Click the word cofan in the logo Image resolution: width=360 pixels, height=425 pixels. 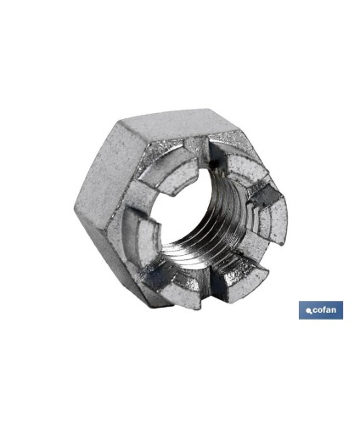click(324, 310)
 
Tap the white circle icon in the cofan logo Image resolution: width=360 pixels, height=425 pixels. click(308, 311)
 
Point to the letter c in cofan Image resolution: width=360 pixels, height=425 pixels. click(315, 310)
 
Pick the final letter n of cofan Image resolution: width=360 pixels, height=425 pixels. click(335, 310)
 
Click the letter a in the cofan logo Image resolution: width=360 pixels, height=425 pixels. click(329, 310)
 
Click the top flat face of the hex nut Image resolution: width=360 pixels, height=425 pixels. click(179, 127)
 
